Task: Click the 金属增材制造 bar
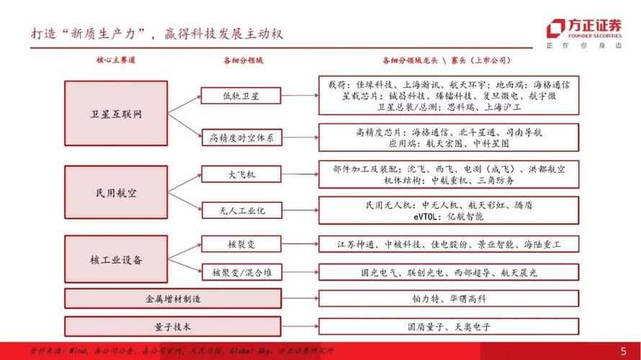click(173, 298)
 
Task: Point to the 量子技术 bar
click(173, 326)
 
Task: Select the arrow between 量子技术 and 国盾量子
click(300, 326)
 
